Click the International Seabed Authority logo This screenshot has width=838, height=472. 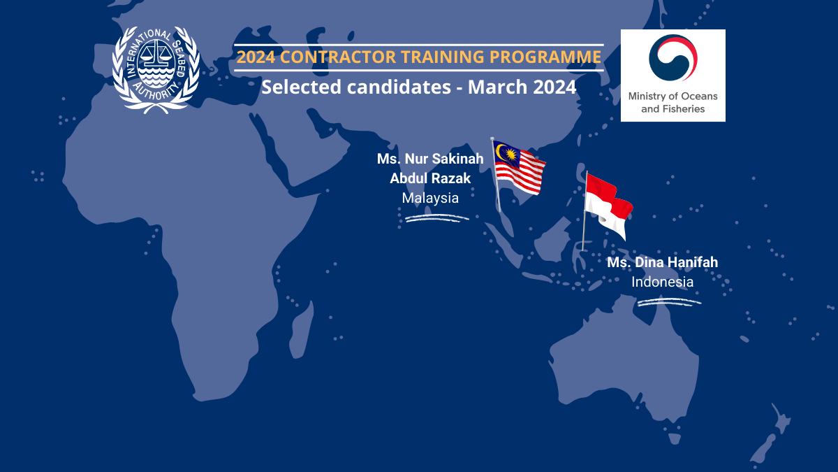tap(156, 70)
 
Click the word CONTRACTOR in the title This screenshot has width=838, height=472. tap(338, 57)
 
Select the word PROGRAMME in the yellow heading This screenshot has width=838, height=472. tap(545, 57)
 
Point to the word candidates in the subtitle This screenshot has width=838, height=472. tap(399, 87)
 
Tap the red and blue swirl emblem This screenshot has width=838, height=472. tap(673, 57)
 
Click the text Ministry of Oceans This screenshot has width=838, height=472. tap(672, 96)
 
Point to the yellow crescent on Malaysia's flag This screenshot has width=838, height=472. tap(500, 152)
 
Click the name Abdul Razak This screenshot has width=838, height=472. tap(430, 179)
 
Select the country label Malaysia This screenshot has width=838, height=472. tap(430, 198)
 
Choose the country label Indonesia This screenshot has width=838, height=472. tap(662, 282)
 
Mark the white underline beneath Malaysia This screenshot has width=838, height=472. tap(437, 218)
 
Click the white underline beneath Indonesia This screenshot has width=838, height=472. tap(669, 302)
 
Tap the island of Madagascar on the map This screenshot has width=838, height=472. tap(301, 329)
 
